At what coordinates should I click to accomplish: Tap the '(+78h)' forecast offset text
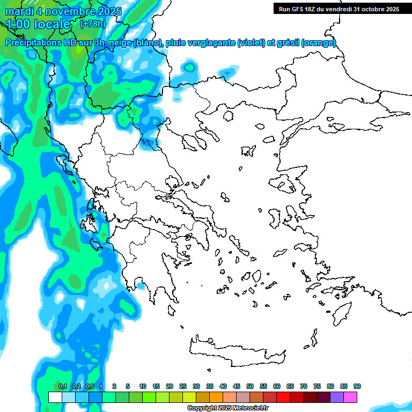point(92,24)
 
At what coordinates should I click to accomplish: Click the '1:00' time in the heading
point(17,24)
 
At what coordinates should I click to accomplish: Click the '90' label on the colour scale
point(357,386)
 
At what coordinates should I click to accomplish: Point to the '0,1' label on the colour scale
point(63,386)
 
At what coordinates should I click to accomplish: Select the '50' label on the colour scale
point(250,386)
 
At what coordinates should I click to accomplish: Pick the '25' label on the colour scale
point(183,386)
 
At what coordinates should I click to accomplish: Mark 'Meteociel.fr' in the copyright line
point(249,408)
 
